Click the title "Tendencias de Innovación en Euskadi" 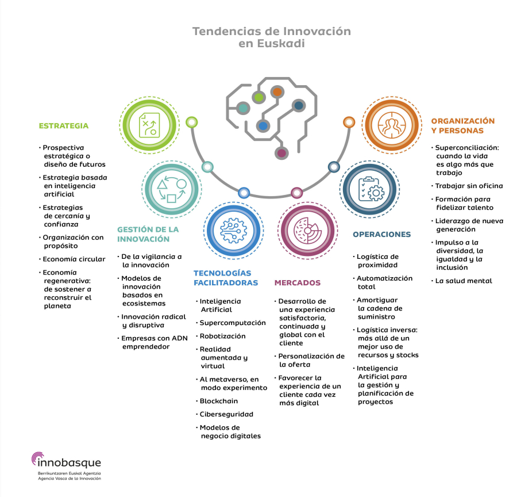[271, 37]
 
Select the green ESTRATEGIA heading [64, 125]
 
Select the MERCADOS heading [298, 282]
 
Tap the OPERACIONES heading [381, 234]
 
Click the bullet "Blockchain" [218, 401]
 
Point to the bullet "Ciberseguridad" [226, 414]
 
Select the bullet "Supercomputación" [233, 323]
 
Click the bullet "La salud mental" [464, 281]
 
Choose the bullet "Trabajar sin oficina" [469, 185]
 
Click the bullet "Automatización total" [384, 282]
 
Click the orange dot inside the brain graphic [277, 91]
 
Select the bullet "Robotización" [222, 336]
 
